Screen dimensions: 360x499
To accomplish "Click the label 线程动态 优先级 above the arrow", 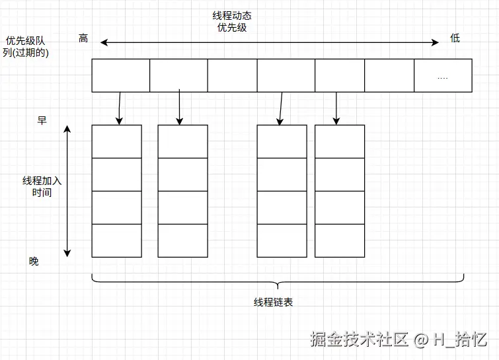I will click(231, 21).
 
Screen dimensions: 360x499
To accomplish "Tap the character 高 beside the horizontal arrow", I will click(83, 38).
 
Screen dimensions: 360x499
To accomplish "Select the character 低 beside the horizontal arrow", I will click(455, 38).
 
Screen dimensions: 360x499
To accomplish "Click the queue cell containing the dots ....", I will click(443, 75).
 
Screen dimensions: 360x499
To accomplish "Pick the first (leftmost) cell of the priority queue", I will click(120, 75).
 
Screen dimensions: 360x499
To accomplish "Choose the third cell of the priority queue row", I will click(232, 75).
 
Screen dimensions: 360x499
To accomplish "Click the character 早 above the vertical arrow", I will click(42, 120).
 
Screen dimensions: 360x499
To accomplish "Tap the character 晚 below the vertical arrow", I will click(34, 262).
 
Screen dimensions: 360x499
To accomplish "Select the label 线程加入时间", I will click(42, 186).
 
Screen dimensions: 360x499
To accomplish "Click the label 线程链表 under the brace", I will click(274, 302).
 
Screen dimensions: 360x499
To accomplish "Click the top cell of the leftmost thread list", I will click(116, 141).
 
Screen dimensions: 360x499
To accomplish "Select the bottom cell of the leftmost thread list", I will click(116, 240).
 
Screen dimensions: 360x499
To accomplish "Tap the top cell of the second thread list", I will click(182, 141).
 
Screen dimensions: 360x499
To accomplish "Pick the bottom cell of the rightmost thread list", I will click(340, 240).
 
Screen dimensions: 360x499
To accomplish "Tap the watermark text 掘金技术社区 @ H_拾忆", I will click(399, 340).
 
